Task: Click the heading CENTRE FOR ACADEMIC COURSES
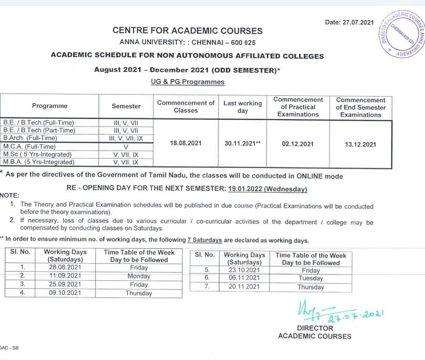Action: click(187, 30)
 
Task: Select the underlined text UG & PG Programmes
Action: click(187, 82)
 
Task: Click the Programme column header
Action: click(50, 106)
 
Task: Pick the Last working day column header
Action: click(242, 107)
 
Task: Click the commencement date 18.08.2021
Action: click(185, 143)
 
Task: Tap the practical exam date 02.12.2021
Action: click(298, 144)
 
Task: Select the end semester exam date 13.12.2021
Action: click(361, 144)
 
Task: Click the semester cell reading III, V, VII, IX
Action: click(126, 138)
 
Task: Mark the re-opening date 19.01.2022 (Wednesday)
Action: click(268, 189)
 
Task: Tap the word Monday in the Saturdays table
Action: click(139, 276)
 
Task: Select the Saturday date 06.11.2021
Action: click(244, 278)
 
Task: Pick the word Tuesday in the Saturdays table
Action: click(310, 278)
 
